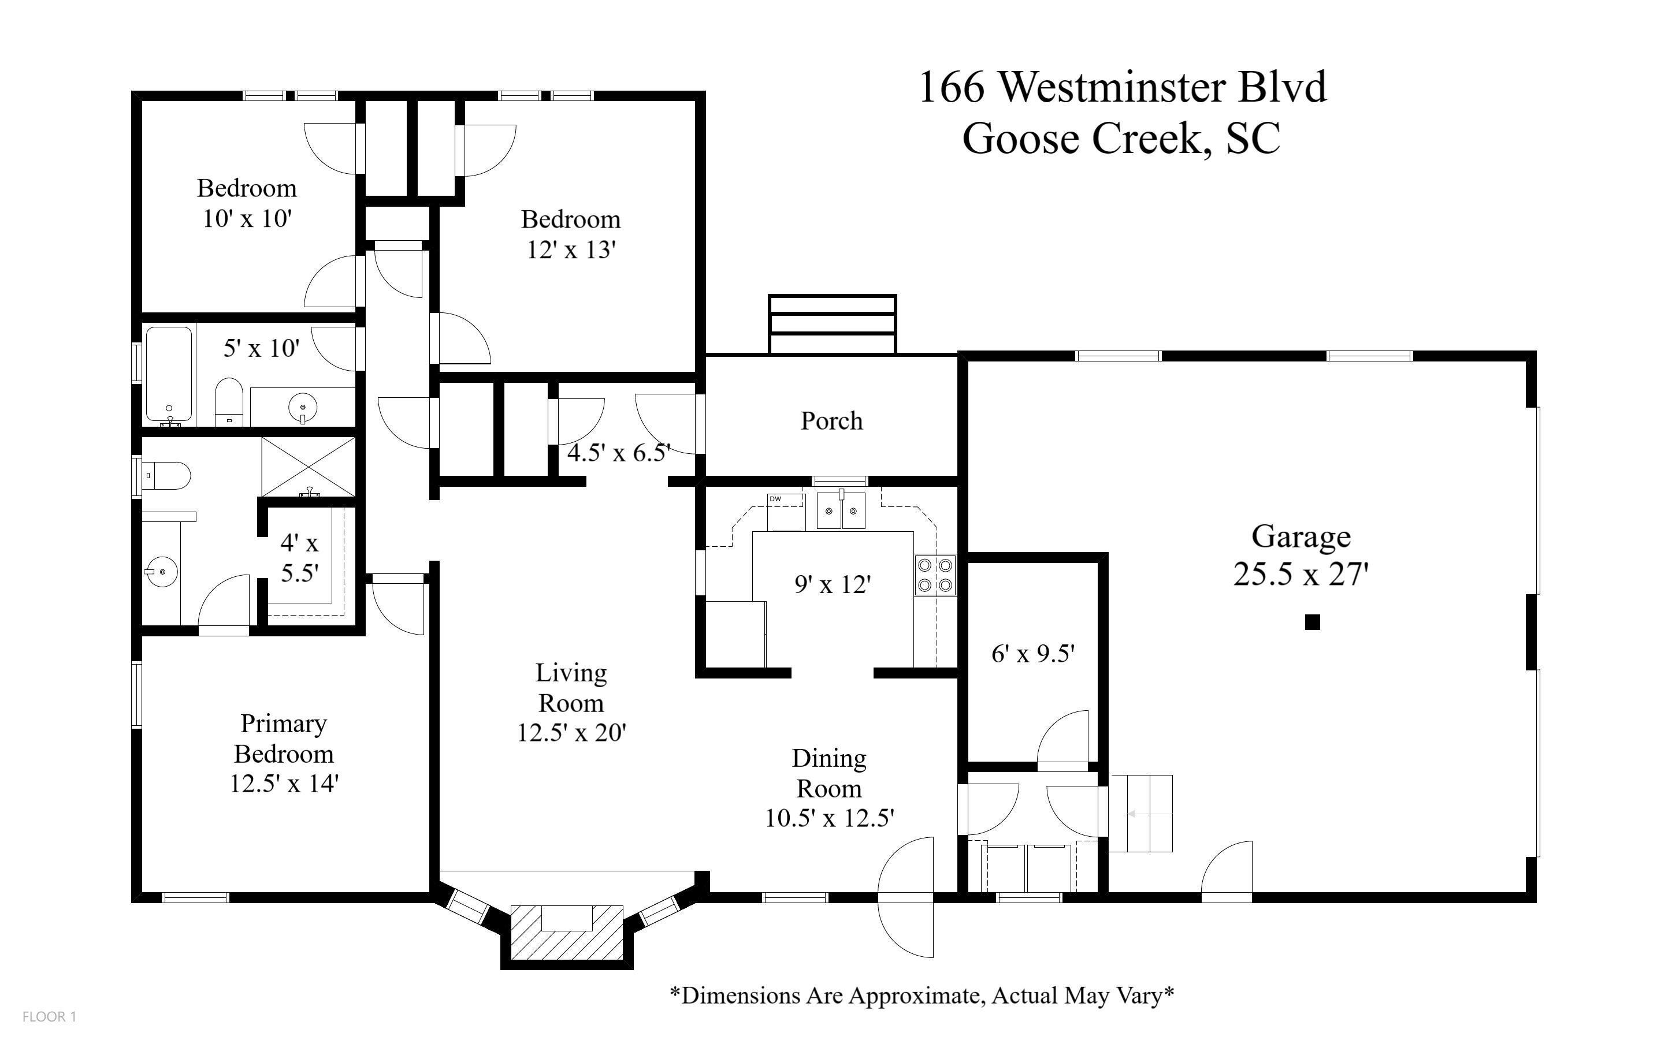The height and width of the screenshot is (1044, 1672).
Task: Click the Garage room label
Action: click(1301, 536)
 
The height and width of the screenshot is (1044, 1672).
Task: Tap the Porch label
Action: click(831, 420)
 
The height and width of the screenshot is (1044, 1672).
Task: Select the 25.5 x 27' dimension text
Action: click(1301, 575)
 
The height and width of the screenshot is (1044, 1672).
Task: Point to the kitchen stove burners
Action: click(935, 575)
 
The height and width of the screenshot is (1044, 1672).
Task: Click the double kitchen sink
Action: click(841, 511)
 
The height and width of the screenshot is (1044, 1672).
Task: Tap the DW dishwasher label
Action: click(775, 498)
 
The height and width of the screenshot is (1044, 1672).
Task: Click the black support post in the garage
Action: click(1312, 622)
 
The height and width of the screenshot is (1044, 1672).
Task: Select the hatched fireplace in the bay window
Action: click(566, 931)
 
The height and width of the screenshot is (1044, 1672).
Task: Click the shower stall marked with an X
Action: click(308, 466)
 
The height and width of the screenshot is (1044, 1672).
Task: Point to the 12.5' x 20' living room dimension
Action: click(571, 733)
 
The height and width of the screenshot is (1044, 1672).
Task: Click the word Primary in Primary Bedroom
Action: click(283, 724)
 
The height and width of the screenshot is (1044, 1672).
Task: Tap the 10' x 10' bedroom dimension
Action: click(247, 219)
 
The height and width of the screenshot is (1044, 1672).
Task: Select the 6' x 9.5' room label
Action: click(1032, 653)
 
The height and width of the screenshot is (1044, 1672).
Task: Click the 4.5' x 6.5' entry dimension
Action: click(618, 453)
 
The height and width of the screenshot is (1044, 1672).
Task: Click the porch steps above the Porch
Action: click(831, 324)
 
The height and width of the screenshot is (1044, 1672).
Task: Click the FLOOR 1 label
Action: click(49, 1016)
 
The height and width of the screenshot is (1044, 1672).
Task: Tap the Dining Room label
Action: click(828, 773)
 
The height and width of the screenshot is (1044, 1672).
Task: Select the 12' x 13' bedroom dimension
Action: click(570, 250)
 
